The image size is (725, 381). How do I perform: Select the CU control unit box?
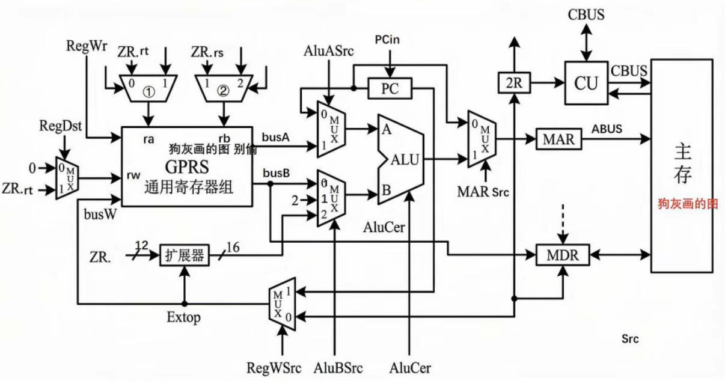(586, 83)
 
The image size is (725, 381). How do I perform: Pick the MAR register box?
(558, 139)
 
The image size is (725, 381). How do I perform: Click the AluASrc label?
(328, 52)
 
